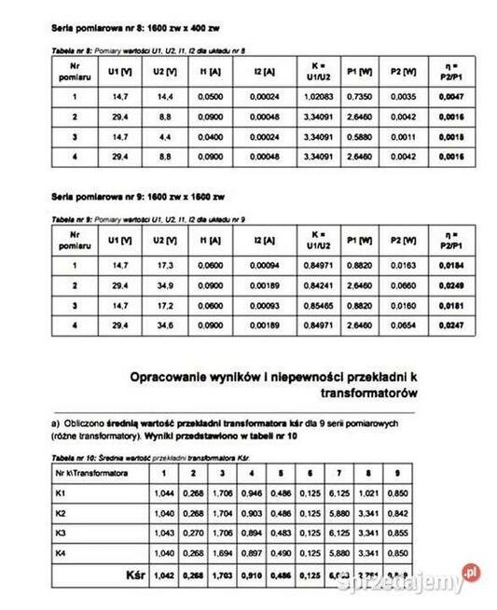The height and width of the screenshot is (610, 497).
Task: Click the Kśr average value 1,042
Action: pos(169,575)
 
